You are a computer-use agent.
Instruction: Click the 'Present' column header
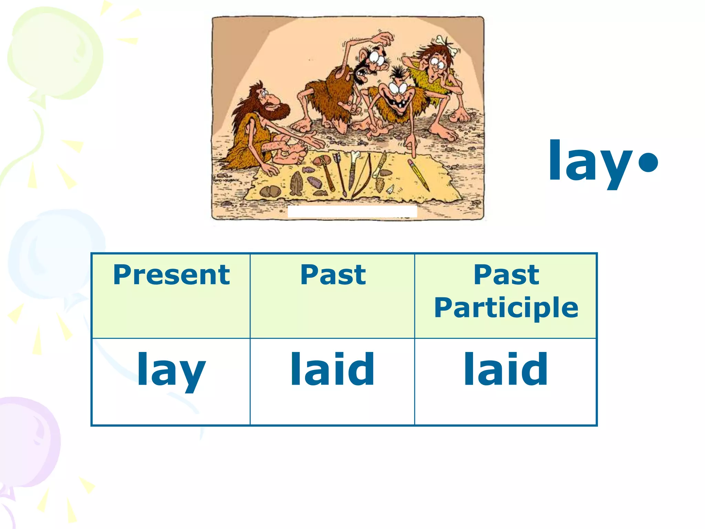point(171,275)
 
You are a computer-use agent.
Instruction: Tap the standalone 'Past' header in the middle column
point(333,275)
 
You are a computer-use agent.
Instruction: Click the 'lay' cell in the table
point(171,370)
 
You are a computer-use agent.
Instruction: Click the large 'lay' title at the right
point(591,162)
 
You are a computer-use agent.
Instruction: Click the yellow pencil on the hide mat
point(419,175)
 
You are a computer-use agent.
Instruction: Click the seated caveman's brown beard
point(277,112)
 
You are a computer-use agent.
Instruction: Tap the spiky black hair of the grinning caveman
point(398,74)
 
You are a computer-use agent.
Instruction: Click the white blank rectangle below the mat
point(352,211)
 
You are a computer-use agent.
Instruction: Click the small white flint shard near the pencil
point(391,189)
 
